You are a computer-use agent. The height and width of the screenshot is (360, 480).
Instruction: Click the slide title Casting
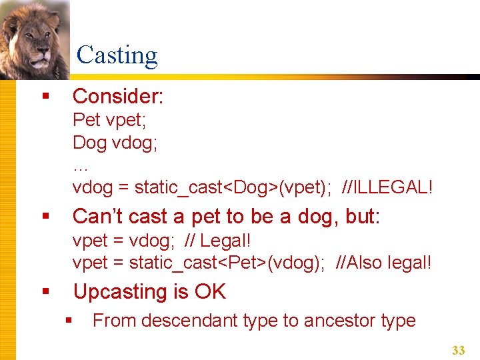pos(117,55)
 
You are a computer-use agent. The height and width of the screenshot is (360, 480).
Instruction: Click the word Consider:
pos(118,96)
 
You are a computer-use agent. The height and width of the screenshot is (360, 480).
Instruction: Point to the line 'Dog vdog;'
pos(115,143)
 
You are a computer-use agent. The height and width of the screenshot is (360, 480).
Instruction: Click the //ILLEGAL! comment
pos(387,187)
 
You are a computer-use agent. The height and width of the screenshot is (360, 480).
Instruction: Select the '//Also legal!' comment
pos(385,263)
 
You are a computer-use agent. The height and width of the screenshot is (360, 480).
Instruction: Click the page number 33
pos(458,349)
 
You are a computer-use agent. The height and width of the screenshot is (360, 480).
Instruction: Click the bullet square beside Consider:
pos(45,97)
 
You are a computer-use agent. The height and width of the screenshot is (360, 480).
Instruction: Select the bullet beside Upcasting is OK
pos(45,292)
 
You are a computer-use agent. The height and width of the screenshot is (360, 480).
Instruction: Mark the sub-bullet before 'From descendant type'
pos(68,321)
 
